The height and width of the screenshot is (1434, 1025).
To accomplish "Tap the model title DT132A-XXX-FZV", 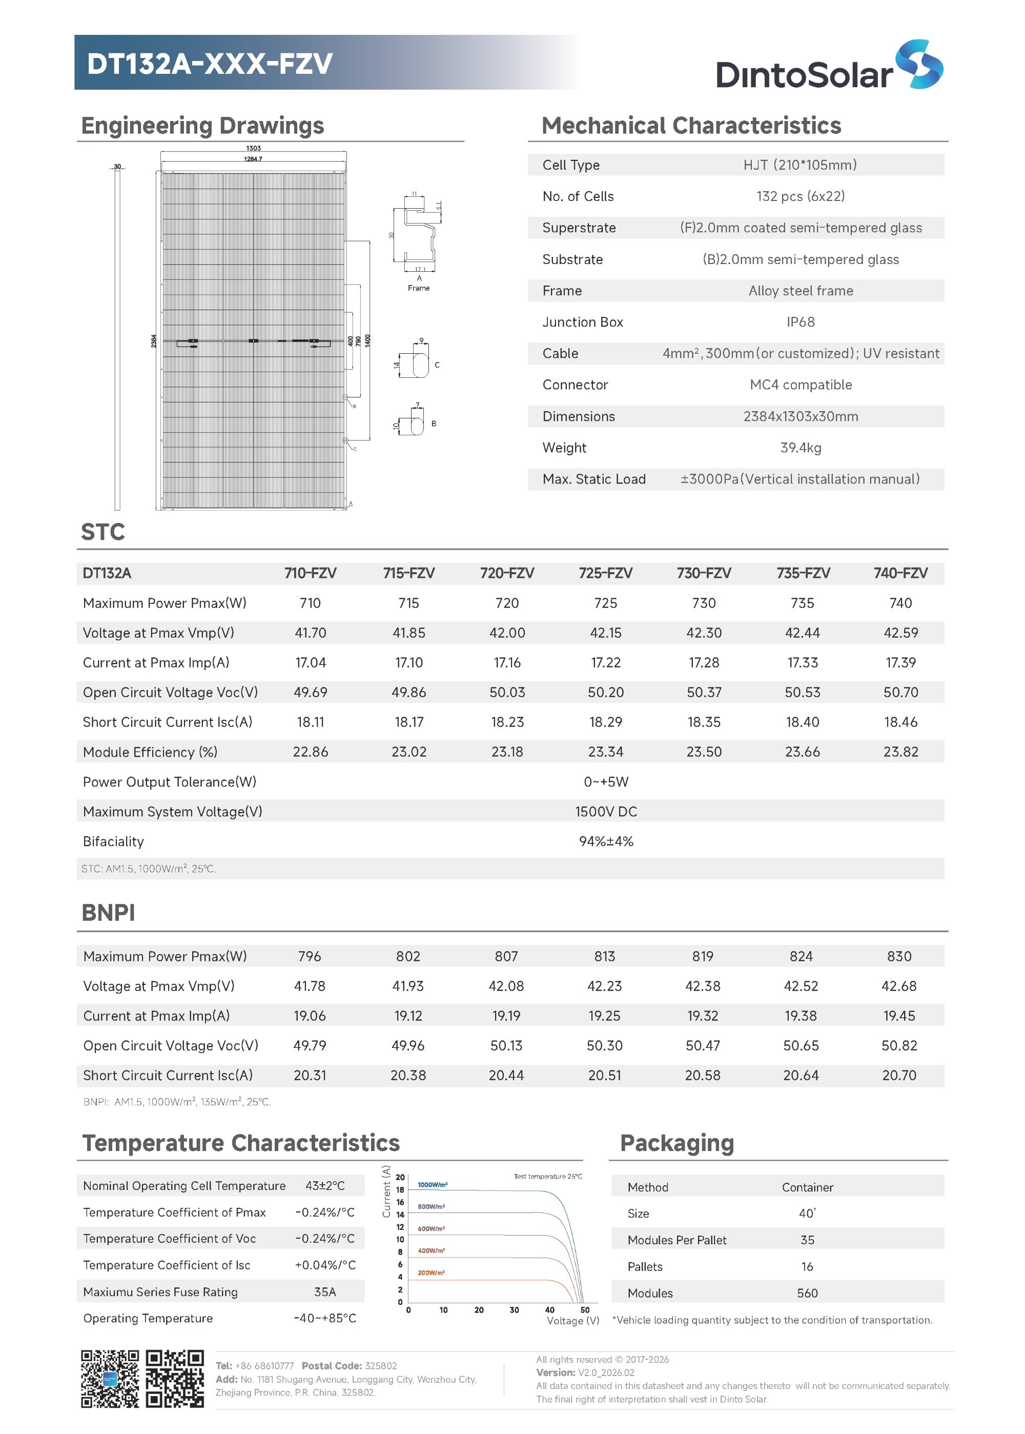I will point(209,63).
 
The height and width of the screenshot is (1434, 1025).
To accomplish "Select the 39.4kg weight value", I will point(801,448).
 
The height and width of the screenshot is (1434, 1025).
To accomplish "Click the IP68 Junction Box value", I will point(801,322).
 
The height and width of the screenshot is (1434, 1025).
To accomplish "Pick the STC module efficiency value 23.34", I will point(605,752).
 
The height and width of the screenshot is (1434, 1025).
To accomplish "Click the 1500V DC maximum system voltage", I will point(605,812).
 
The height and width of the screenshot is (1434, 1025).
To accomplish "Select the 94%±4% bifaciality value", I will point(605,841).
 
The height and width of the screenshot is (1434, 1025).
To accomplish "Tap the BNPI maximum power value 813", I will point(604,956).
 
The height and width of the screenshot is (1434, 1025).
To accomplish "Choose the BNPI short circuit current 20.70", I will point(899,1075).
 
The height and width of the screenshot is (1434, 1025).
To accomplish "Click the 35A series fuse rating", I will point(324,1292).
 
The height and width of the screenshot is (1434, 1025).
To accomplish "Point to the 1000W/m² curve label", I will point(433,1185).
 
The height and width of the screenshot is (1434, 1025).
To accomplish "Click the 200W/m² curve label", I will point(431,1273).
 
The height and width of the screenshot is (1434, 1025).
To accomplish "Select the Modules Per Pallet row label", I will point(676,1240).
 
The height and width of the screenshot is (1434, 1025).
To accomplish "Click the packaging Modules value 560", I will point(807,1293).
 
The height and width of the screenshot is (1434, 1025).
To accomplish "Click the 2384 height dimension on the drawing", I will point(153,341).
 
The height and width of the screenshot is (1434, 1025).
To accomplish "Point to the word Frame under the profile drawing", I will point(419,288).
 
